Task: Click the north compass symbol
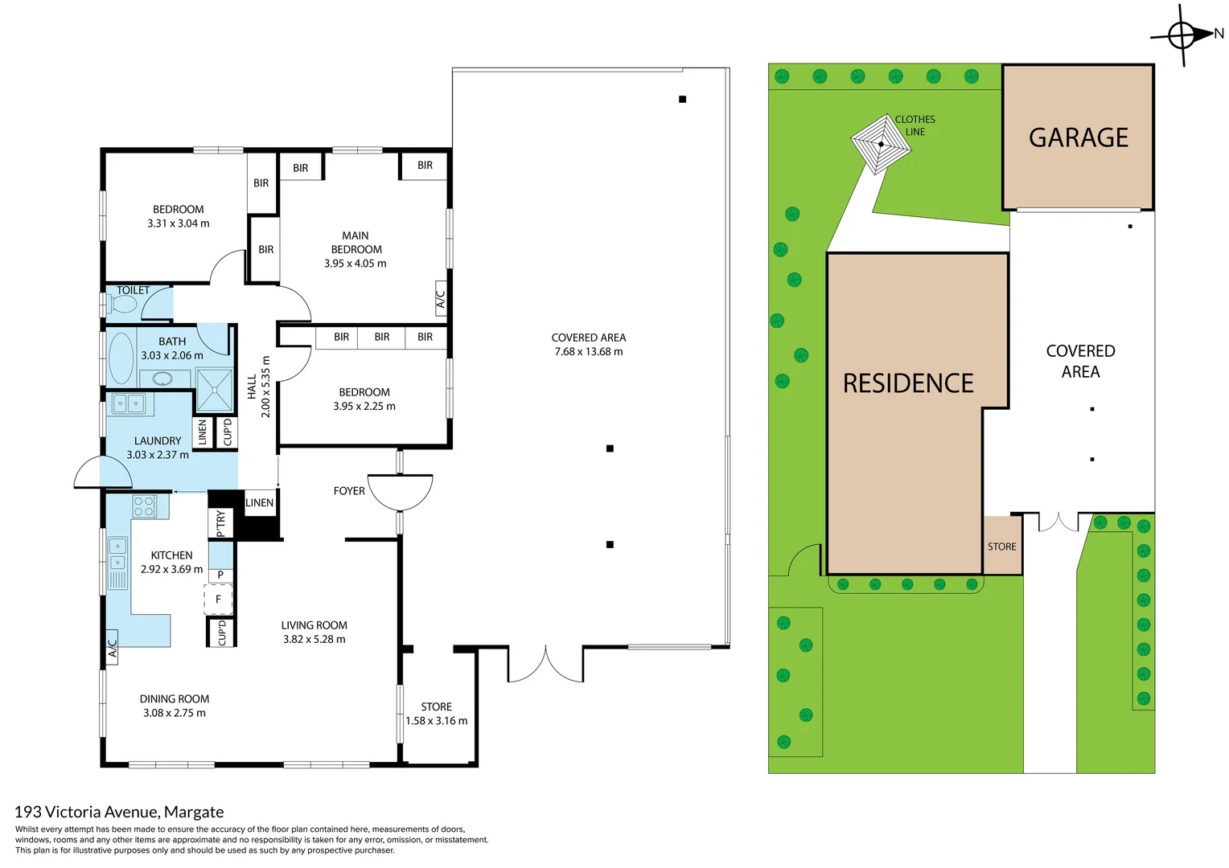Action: tap(1182, 35)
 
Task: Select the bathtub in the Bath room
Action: tap(121, 358)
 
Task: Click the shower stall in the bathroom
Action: tap(214, 389)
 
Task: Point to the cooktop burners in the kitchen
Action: tap(144, 506)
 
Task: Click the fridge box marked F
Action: tap(218, 600)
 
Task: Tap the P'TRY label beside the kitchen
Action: tap(220, 523)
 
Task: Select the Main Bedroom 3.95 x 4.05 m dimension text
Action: tap(355, 264)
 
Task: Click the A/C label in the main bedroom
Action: tap(440, 299)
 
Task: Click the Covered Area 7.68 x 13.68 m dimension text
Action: tap(588, 352)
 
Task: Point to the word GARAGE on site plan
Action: tap(1078, 138)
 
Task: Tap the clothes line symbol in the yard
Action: tap(882, 145)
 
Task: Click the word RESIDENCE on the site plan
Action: tap(908, 383)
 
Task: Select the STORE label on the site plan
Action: tap(1001, 547)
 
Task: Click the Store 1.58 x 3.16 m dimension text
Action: tap(436, 721)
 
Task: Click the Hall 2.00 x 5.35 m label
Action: tap(259, 387)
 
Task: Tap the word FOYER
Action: tap(349, 491)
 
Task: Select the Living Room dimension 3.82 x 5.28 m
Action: tap(314, 640)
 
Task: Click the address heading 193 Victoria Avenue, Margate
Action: tap(119, 812)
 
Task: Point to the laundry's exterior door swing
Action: tap(103, 473)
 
